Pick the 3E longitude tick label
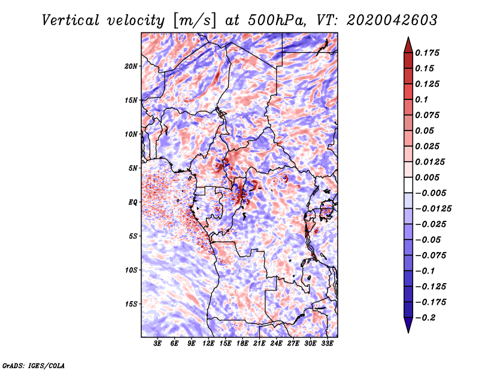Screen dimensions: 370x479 (158, 344)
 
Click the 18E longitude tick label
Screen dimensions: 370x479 (242, 344)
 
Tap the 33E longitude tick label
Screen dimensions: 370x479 (327, 344)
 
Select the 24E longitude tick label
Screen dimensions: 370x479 (276, 344)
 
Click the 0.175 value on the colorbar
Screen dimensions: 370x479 (430, 53)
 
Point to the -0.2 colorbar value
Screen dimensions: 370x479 (428, 317)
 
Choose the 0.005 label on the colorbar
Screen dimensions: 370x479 (430, 177)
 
